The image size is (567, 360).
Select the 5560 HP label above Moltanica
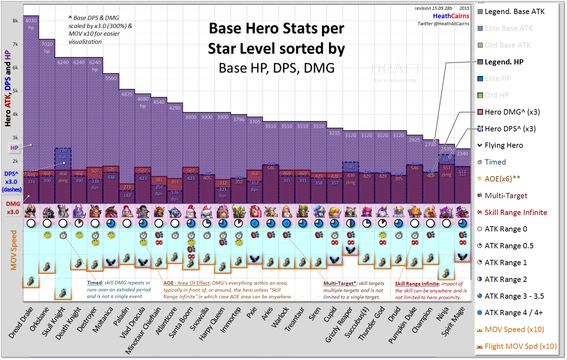(111, 78)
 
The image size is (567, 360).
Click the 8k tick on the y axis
(15, 21)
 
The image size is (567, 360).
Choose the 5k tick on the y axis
(15, 91)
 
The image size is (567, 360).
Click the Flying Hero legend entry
(504, 145)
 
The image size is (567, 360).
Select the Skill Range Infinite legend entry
(516, 213)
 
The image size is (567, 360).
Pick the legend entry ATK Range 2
(505, 279)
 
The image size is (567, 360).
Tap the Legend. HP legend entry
(504, 62)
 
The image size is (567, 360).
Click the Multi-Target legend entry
(506, 196)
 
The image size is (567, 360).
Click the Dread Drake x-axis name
(21, 323)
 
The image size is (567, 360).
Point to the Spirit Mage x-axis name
(453, 321)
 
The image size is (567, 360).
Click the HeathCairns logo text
(451, 16)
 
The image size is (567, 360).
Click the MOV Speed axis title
(14, 250)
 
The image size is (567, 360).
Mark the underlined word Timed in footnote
(94, 283)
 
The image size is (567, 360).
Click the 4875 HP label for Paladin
(127, 95)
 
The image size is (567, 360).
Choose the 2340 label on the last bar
(462, 153)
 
